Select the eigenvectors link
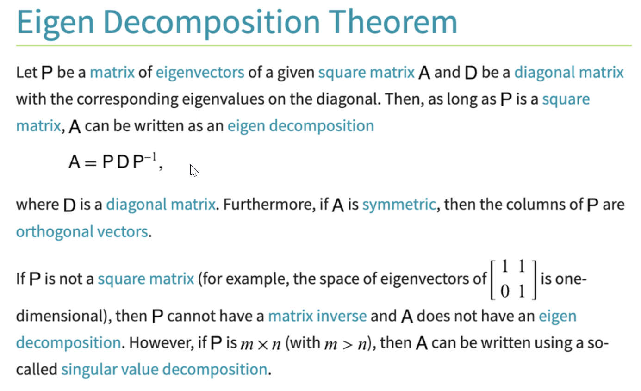(x=200, y=73)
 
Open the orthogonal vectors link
(x=82, y=231)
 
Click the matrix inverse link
(x=317, y=316)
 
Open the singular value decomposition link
(x=165, y=369)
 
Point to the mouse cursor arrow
(x=194, y=170)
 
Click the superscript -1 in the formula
(x=151, y=157)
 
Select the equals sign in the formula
(x=91, y=163)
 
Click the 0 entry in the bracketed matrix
(x=505, y=292)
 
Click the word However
(x=162, y=343)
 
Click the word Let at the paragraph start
(x=27, y=72)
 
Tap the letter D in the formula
(x=123, y=162)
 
